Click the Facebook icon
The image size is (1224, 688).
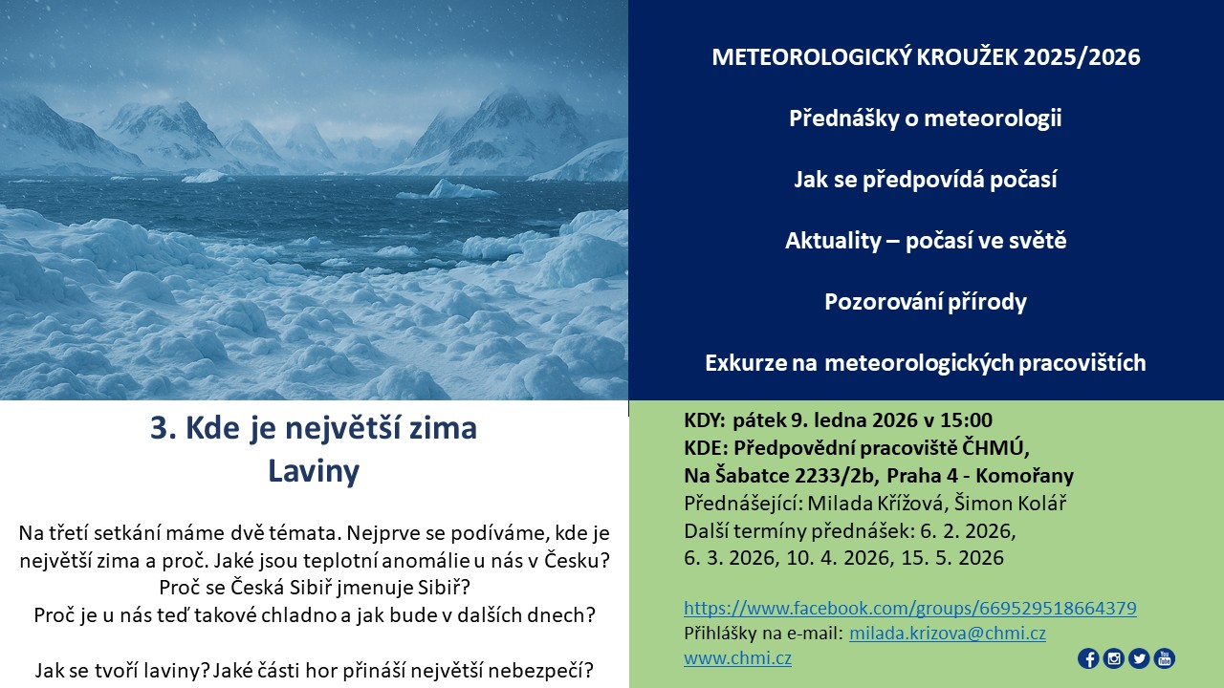[1088, 658]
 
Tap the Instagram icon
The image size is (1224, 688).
[1114, 658]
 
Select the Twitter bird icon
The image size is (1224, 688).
[1139, 658]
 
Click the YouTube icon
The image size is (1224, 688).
[1165, 658]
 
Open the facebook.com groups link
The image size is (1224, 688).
[910, 609]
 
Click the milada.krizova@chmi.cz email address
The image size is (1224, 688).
[948, 634]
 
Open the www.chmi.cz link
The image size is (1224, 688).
[737, 658]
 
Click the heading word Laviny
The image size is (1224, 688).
[314, 471]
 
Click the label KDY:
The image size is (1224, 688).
[705, 419]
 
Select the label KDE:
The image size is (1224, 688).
[706, 448]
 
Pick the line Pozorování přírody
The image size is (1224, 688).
[926, 302]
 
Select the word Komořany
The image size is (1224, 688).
[1024, 476]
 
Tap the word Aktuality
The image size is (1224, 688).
[833, 241]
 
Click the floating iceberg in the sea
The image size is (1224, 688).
[458, 189]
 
